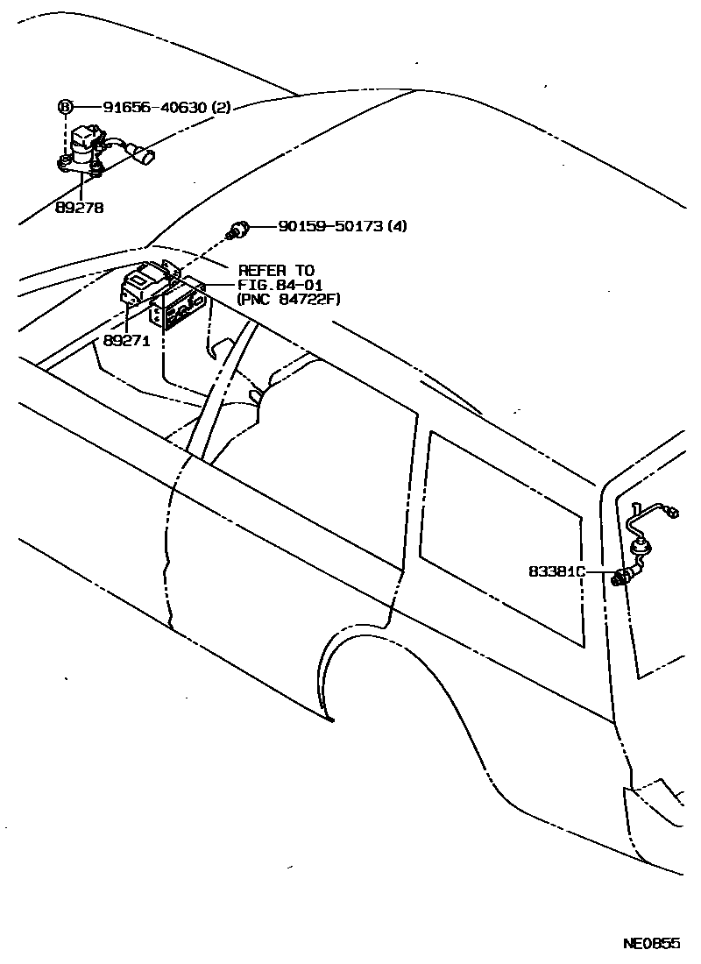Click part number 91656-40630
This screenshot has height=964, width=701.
pos(154,108)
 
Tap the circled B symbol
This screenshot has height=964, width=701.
pos(66,108)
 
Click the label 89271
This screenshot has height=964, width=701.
pos(127,342)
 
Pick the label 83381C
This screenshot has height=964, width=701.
pos(556,571)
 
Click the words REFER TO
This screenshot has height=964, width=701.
pos(275,271)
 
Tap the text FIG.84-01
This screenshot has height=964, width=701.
pos(280,285)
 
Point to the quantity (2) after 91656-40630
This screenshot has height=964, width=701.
pos(221,108)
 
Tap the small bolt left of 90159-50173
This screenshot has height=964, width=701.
pos(239,228)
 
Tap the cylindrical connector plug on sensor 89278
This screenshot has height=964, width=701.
pos(146,158)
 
